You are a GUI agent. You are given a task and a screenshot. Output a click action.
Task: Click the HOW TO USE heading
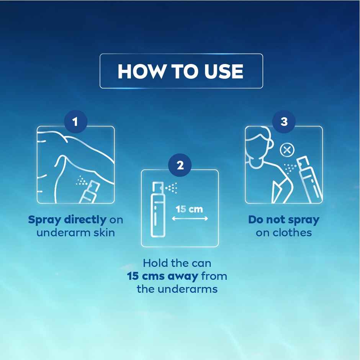click(180, 71)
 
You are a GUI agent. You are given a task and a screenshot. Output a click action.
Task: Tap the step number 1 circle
click(75, 122)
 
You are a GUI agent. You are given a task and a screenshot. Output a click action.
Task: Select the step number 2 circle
click(180, 165)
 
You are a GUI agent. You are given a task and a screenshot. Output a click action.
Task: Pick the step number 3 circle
click(284, 122)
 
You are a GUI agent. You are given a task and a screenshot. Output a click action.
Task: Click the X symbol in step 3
click(286, 150)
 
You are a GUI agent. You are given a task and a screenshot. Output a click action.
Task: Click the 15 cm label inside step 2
click(189, 209)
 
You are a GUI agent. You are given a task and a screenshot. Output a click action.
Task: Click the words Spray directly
click(67, 220)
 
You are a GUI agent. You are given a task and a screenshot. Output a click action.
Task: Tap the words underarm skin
click(75, 232)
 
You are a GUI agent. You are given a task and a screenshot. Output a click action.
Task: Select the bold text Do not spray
click(283, 220)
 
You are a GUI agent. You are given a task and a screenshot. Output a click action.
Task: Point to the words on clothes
click(283, 232)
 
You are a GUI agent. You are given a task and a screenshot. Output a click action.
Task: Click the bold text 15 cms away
click(163, 276)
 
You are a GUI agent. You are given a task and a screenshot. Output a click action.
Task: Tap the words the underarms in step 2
click(177, 289)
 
